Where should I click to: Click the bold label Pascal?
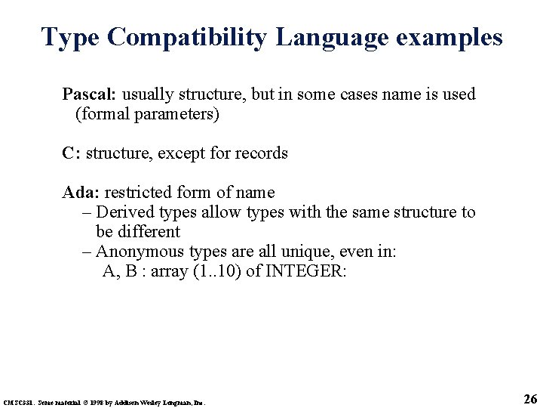coord(89,94)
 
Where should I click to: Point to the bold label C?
coord(72,153)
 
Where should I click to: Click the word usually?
coord(146,94)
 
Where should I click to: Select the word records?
coord(261,153)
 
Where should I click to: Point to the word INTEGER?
coord(307,271)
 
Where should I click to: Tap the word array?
coord(168,271)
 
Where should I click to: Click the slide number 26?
coord(529,399)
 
